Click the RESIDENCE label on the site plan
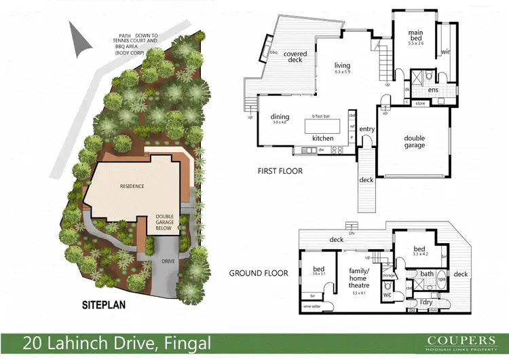pyautogui.click(x=132, y=186)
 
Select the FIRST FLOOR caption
pyautogui.click(x=280, y=170)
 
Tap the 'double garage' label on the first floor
pyautogui.click(x=414, y=141)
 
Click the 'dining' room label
pyautogui.click(x=280, y=117)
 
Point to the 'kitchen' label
pyautogui.click(x=322, y=138)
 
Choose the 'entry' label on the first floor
pyautogui.click(x=367, y=128)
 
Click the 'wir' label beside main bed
pyautogui.click(x=445, y=52)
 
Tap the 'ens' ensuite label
pyautogui.click(x=433, y=90)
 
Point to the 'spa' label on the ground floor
pyautogui.click(x=442, y=278)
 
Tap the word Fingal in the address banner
pyautogui.click(x=183, y=343)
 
